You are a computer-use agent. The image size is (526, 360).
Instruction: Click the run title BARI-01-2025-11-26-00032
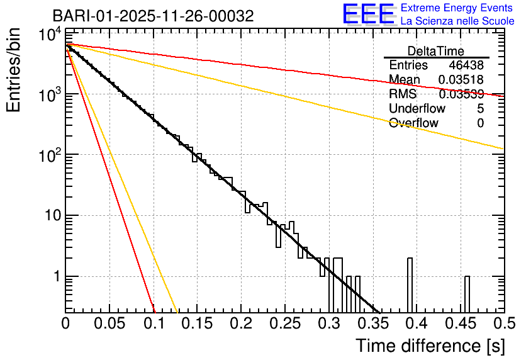coord(153,16)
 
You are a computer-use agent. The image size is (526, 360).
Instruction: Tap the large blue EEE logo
coord(368,14)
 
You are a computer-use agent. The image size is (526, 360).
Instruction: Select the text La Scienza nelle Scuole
coord(457,21)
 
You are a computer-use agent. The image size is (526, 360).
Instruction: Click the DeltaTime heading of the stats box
coord(436,51)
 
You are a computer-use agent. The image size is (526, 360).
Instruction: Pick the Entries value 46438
coord(466,65)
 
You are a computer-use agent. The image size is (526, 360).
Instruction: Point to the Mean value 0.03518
coord(461,80)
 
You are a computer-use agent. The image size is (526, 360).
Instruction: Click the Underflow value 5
coord(480,109)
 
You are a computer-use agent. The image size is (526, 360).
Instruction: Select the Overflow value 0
coord(480,123)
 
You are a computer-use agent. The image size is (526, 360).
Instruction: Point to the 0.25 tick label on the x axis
coord(285,323)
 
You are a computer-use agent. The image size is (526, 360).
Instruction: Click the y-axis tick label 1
coord(55,276)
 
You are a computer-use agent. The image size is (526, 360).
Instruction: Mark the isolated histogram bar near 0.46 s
coord(467,293)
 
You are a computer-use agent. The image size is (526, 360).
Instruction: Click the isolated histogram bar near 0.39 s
coord(410,284)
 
